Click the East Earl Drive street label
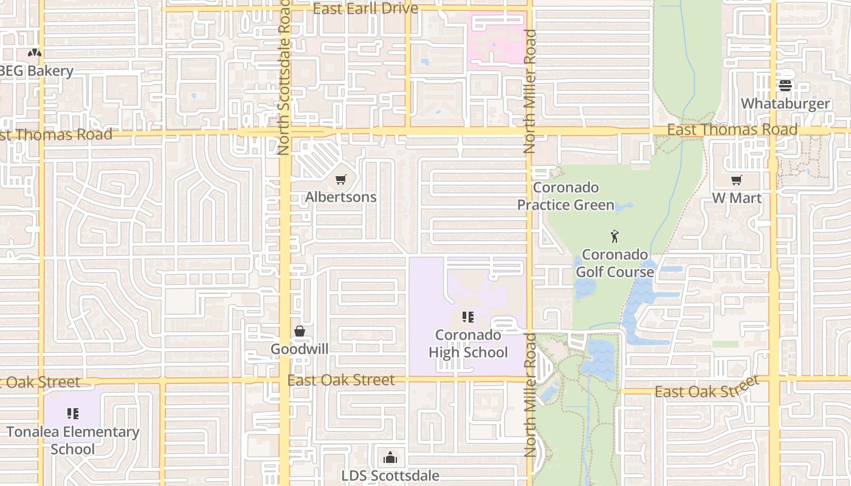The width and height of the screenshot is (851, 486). (x=365, y=9)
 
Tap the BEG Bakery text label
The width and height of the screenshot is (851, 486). (x=36, y=71)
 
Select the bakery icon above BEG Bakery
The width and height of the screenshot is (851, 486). (x=35, y=53)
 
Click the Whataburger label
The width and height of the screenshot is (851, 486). (x=785, y=103)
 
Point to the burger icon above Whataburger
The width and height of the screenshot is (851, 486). (x=785, y=86)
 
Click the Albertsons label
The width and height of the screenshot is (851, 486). (x=340, y=197)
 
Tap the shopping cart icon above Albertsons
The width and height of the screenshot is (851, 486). (x=340, y=179)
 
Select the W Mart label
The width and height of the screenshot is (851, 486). (x=737, y=198)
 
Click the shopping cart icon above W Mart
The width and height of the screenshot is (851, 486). (x=737, y=180)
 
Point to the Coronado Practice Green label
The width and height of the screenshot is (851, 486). (x=566, y=196)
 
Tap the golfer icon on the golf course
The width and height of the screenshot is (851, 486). (x=615, y=236)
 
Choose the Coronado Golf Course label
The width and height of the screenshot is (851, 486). (x=615, y=263)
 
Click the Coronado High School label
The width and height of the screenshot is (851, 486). (x=468, y=344)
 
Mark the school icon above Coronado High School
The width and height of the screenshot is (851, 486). (x=467, y=317)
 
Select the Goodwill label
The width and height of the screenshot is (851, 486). (x=299, y=349)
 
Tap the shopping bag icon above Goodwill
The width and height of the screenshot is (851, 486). (x=299, y=331)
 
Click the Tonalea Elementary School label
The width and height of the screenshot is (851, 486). (x=73, y=440)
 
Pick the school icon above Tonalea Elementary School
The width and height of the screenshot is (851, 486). (x=73, y=414)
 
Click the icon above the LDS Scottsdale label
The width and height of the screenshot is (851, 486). (x=390, y=457)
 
